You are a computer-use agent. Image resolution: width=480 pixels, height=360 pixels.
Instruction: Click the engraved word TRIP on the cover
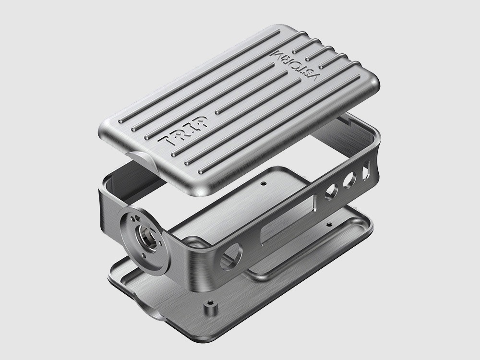(182, 131)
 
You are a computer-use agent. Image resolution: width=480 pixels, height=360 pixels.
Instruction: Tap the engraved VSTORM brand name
(295, 64)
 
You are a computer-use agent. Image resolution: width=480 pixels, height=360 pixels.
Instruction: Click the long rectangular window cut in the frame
(288, 217)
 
